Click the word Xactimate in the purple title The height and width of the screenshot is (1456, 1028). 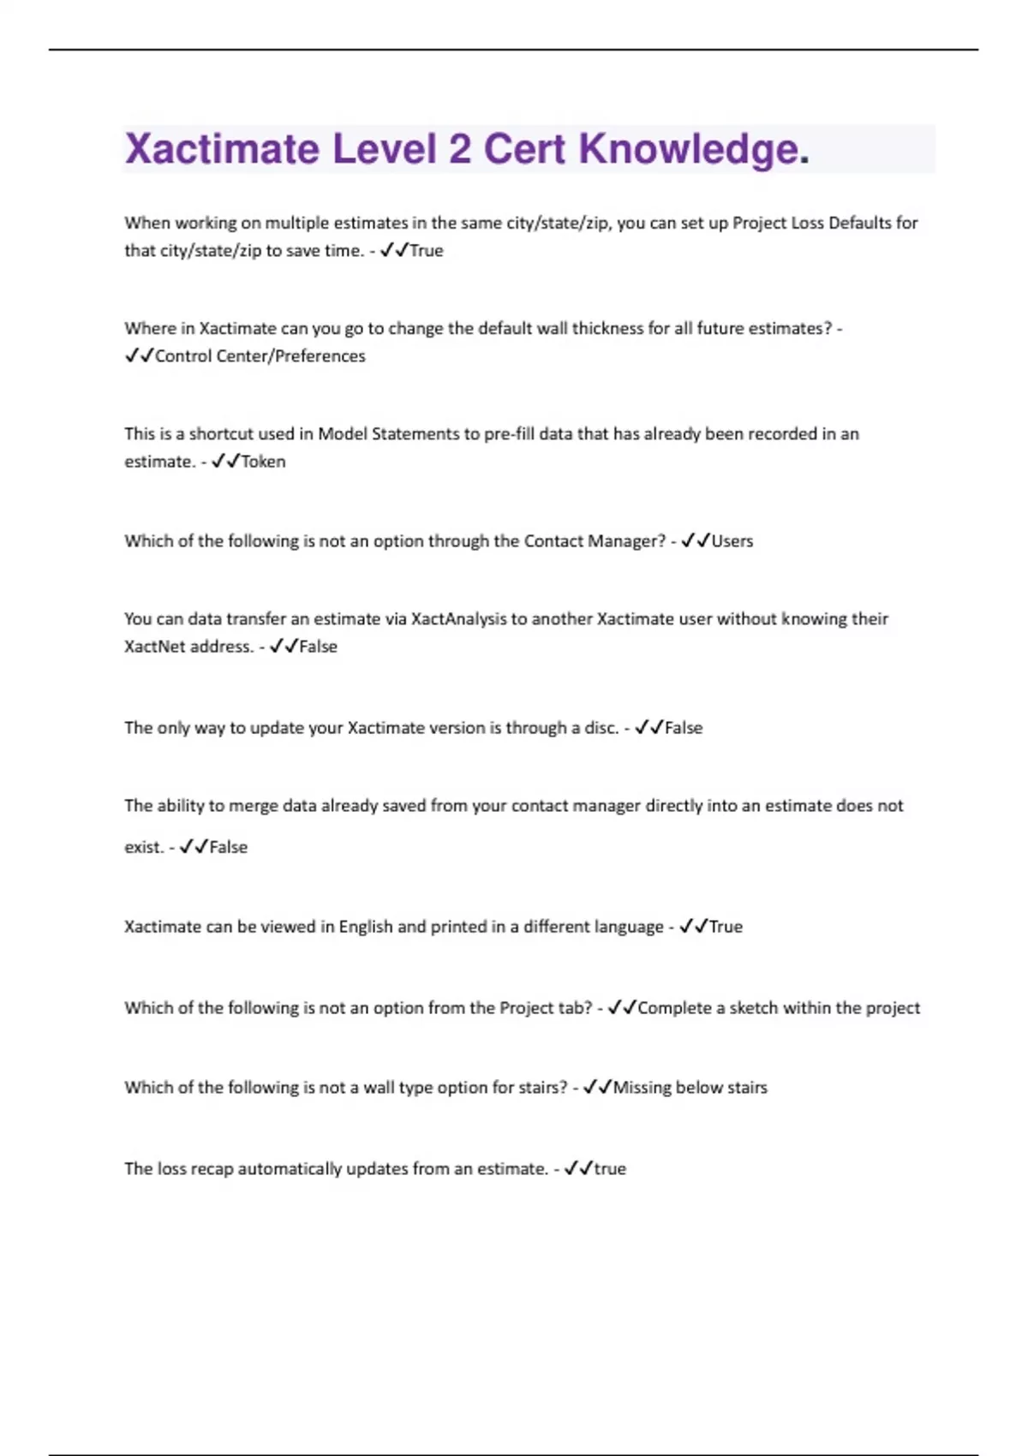click(x=222, y=149)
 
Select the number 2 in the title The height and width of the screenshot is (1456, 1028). click(x=459, y=149)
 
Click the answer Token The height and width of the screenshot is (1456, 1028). click(x=263, y=462)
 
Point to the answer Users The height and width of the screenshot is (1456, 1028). click(x=732, y=541)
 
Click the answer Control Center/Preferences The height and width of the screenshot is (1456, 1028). click(x=260, y=356)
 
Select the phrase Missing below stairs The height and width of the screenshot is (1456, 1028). click(x=690, y=1088)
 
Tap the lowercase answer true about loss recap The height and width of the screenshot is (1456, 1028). click(x=610, y=1169)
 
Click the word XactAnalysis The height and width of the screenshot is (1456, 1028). click(x=458, y=619)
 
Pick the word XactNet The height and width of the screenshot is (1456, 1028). click(x=154, y=647)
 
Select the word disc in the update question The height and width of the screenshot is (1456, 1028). click(x=600, y=728)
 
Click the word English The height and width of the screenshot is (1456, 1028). click(x=365, y=927)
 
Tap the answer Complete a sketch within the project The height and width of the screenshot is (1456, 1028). click(x=779, y=1008)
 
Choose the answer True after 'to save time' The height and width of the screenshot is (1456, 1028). click(x=427, y=251)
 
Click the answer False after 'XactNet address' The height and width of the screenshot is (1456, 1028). click(x=318, y=647)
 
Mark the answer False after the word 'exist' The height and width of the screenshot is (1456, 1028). click(x=228, y=847)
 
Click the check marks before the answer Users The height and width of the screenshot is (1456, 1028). click(x=696, y=541)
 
